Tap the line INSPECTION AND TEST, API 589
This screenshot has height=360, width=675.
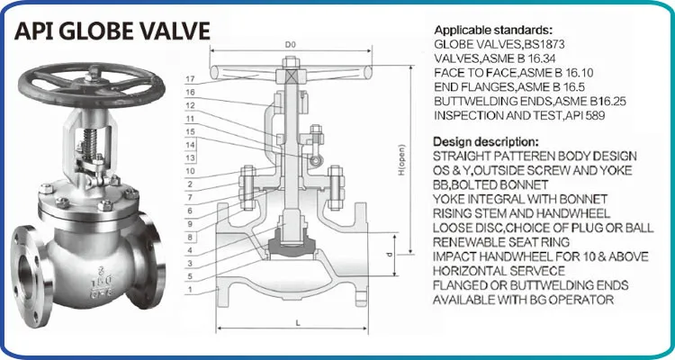coord(515,114)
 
